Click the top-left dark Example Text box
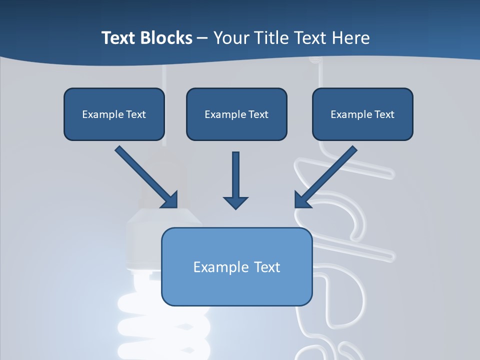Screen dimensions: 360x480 (114, 114)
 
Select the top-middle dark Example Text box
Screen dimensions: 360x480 (236, 114)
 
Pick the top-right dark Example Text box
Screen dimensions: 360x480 (362, 114)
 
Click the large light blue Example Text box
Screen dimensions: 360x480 (236, 266)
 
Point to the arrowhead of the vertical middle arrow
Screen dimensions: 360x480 (235, 202)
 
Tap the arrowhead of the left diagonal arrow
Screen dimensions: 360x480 (170, 200)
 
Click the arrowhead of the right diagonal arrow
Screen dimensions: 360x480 (301, 200)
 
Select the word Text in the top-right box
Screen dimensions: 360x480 (384, 114)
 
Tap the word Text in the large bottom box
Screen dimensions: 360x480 (266, 267)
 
